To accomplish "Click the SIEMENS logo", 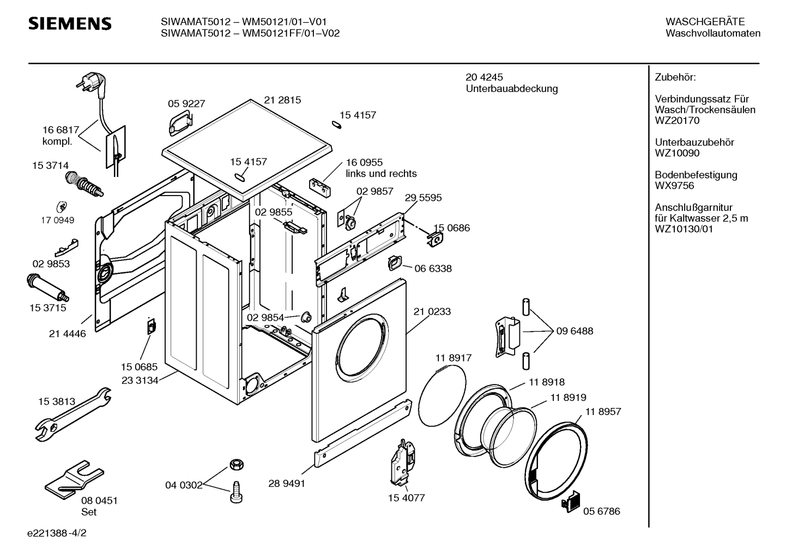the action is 70,24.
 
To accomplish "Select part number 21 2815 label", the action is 282,100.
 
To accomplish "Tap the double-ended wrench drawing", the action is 74,414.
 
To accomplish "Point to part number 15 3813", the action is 57,401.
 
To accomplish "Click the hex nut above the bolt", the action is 237,465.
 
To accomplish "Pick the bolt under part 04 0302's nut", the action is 236,492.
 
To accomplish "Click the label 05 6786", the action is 602,511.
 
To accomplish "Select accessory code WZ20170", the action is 677,120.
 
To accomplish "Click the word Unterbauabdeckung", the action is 512,89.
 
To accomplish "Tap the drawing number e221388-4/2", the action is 57,533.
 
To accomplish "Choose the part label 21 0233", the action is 432,312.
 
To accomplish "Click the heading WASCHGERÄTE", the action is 705,22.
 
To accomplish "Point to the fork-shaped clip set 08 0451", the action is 74,480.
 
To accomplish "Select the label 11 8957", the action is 603,411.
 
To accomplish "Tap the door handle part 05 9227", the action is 180,123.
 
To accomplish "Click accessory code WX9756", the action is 674,186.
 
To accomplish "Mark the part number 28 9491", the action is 287,484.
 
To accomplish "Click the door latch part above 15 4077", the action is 402,462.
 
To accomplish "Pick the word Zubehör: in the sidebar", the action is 675,77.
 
